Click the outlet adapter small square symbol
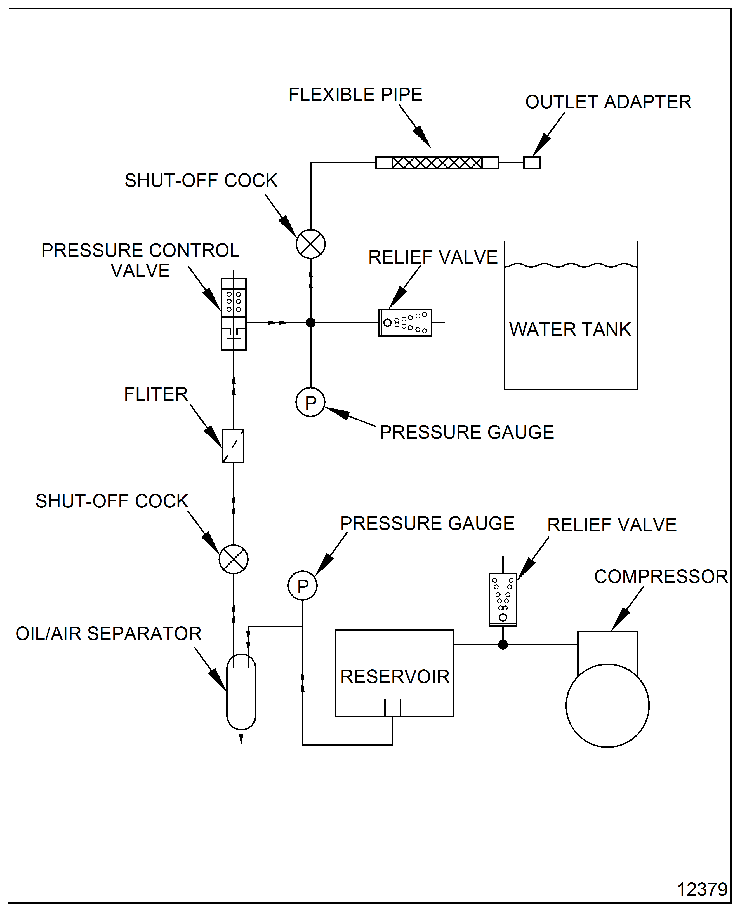(532, 163)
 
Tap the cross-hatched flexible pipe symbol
(437, 163)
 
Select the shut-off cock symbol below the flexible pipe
(311, 244)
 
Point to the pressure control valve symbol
(234, 314)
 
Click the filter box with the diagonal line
(233, 446)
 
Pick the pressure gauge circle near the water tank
(310, 402)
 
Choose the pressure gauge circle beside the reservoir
(303, 586)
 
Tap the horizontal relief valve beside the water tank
(405, 323)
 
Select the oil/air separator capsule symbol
(241, 692)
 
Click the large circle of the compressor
(607, 705)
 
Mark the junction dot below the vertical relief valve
(503, 645)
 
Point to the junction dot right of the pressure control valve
(311, 323)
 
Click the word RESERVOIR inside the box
(395, 677)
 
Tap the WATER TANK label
(570, 329)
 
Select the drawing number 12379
(702, 889)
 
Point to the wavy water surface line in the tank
(570, 265)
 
